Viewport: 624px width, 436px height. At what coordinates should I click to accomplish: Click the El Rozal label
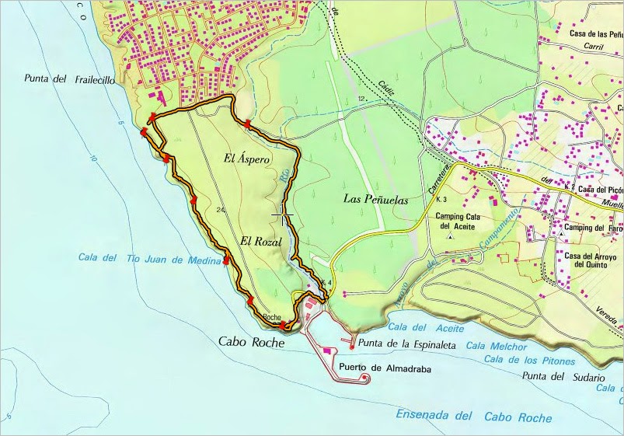(260, 241)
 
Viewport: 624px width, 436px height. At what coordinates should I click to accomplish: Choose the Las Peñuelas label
(375, 199)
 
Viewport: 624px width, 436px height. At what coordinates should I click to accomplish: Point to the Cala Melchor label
(497, 347)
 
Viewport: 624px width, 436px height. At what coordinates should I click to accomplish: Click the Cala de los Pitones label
(528, 360)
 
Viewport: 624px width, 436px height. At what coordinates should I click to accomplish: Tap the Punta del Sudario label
(563, 377)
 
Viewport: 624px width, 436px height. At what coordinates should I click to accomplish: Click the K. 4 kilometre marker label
(325, 281)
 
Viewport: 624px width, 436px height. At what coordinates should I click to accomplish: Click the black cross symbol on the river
(283, 214)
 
